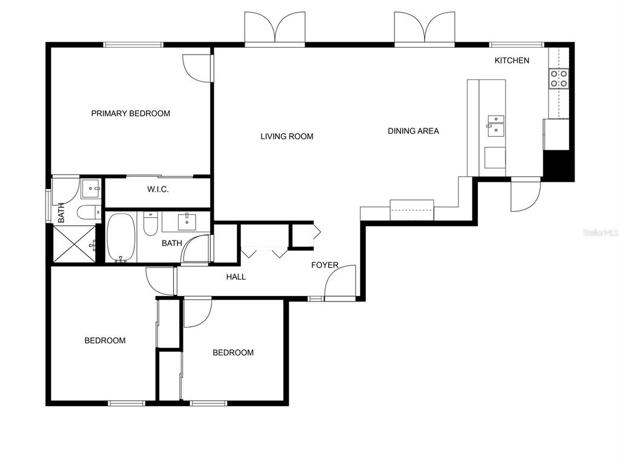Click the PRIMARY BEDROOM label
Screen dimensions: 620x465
(x=131, y=113)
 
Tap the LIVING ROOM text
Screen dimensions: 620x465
(x=286, y=136)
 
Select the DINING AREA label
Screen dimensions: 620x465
(x=413, y=131)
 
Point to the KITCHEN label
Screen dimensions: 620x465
(x=512, y=61)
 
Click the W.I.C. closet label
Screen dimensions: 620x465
(x=158, y=190)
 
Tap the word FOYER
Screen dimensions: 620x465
(x=325, y=265)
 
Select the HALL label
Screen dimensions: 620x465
(x=236, y=277)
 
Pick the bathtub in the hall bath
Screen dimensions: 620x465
(x=121, y=237)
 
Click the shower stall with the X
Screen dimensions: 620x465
(x=74, y=243)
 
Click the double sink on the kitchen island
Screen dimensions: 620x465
(x=496, y=126)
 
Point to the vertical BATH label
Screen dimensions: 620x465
(x=61, y=213)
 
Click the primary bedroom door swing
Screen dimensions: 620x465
(x=197, y=68)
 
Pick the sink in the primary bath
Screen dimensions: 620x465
(x=91, y=189)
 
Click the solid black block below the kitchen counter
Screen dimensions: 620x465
(x=558, y=165)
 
